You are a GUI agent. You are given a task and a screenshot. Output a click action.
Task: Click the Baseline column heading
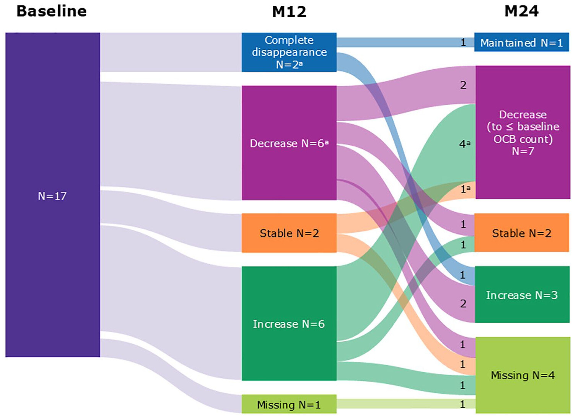coord(52,11)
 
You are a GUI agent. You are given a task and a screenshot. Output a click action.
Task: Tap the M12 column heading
coord(289,12)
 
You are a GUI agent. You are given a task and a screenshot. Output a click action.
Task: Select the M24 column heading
coord(521,11)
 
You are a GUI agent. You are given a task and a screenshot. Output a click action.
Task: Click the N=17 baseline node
coord(52,195)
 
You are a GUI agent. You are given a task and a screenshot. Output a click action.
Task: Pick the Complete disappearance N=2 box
coord(289,52)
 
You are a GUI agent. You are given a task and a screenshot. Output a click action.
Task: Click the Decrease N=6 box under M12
coord(289,143)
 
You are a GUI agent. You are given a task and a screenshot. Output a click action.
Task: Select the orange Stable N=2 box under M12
coord(289,233)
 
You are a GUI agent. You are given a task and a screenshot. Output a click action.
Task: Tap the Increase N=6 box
coord(289,324)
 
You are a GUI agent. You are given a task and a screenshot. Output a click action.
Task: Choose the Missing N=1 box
coord(289,404)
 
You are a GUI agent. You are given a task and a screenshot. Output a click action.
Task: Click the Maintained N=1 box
coord(521,42)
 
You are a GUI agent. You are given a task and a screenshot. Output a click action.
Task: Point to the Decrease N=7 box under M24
coord(523,132)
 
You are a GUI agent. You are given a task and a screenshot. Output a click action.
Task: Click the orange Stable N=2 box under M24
coord(521,233)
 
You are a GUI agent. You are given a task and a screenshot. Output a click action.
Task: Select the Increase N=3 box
coord(522,295)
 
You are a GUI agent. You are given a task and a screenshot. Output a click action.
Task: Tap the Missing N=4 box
coord(523,375)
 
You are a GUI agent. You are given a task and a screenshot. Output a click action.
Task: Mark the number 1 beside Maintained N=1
coord(463,42)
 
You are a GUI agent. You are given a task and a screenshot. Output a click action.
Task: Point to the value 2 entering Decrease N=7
coord(463,85)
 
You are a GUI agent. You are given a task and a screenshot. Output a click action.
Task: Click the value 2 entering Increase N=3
coord(463,304)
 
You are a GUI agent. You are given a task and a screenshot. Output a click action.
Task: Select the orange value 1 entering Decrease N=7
coord(464,189)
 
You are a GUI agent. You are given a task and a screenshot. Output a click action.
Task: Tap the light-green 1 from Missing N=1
coord(463,404)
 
